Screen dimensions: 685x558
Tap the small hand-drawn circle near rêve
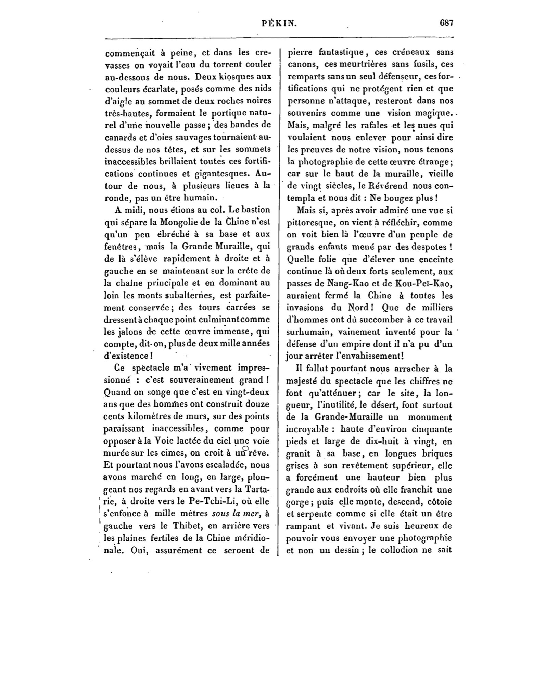[x=245, y=448]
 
